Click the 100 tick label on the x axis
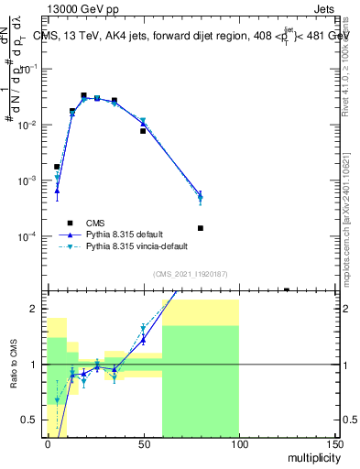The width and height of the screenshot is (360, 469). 238,445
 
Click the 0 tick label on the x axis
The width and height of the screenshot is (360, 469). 48,445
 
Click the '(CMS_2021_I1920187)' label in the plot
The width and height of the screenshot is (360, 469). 190,274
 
